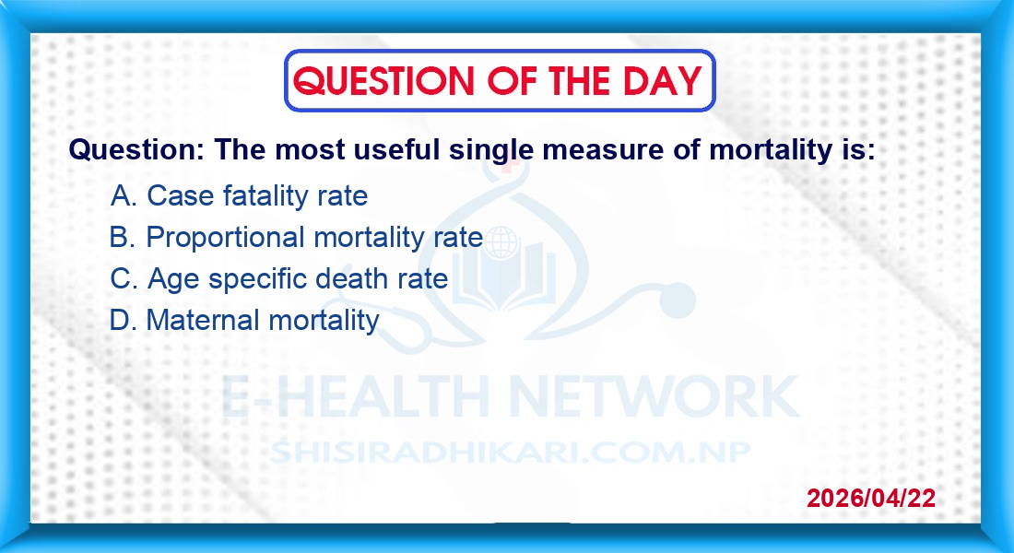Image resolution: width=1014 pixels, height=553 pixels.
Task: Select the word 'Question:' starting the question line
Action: (136, 150)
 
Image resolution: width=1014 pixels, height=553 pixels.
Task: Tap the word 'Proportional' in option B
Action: (225, 238)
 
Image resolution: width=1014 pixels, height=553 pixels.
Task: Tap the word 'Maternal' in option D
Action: (203, 320)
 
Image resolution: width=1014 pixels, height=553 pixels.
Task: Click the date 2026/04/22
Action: (871, 498)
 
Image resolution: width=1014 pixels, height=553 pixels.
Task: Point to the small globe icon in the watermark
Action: (501, 243)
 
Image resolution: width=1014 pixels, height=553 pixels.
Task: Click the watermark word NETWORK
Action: (654, 396)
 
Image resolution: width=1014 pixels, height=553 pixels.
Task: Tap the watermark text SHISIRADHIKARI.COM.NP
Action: (511, 453)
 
